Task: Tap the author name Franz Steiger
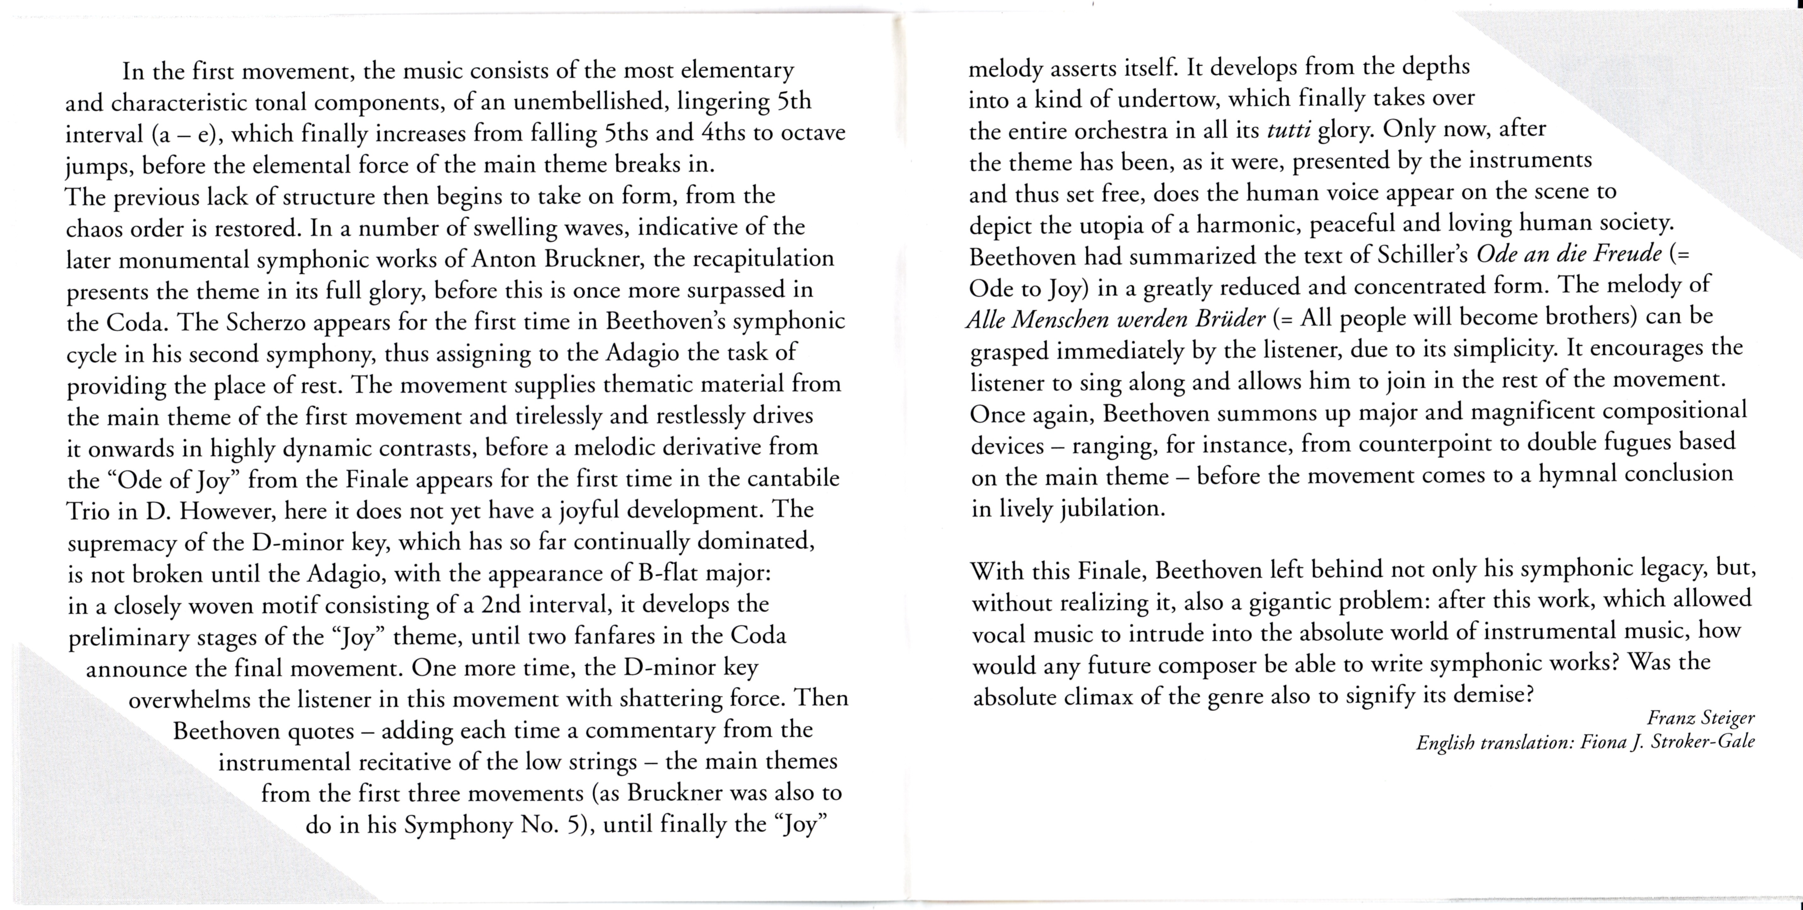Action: point(1700,718)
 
